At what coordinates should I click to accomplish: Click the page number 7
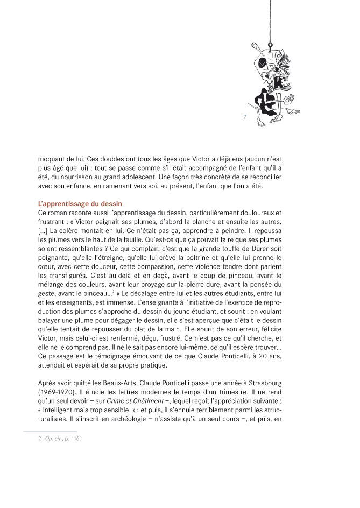pyautogui.click(x=245, y=117)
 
